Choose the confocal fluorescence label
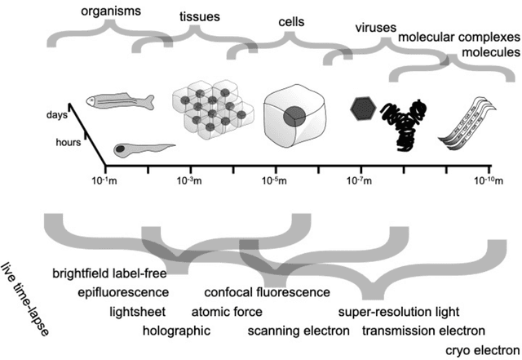coord(267,291)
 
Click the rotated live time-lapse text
coord(25,299)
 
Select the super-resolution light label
coord(400,312)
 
